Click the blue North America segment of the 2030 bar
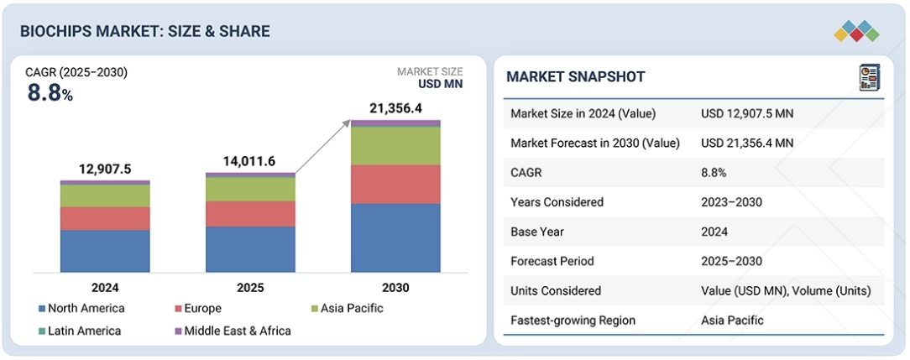coord(395,237)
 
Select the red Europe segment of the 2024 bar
coord(105,218)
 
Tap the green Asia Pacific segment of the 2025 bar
coord(250,190)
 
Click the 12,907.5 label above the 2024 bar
coord(105,170)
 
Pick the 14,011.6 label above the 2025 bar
coord(250,161)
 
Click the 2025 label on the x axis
coord(250,288)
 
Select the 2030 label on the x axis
coord(395,288)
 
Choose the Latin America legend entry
coord(80,331)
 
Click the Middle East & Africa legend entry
coord(233,331)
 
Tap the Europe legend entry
coord(198,309)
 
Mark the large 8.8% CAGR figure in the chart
coord(50,93)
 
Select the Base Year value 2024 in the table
coord(714,232)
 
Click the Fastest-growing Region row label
coord(573,320)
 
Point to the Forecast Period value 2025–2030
coord(731,262)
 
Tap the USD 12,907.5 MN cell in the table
coord(747,114)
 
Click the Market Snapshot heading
coord(575,76)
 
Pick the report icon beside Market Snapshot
coord(870,78)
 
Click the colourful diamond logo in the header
coord(856,31)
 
